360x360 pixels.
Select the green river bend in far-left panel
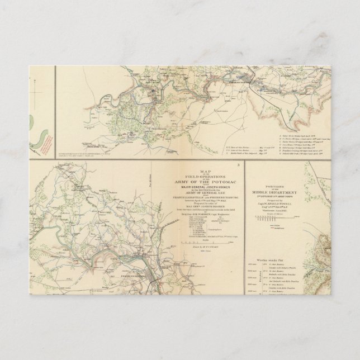[x=40, y=131]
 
